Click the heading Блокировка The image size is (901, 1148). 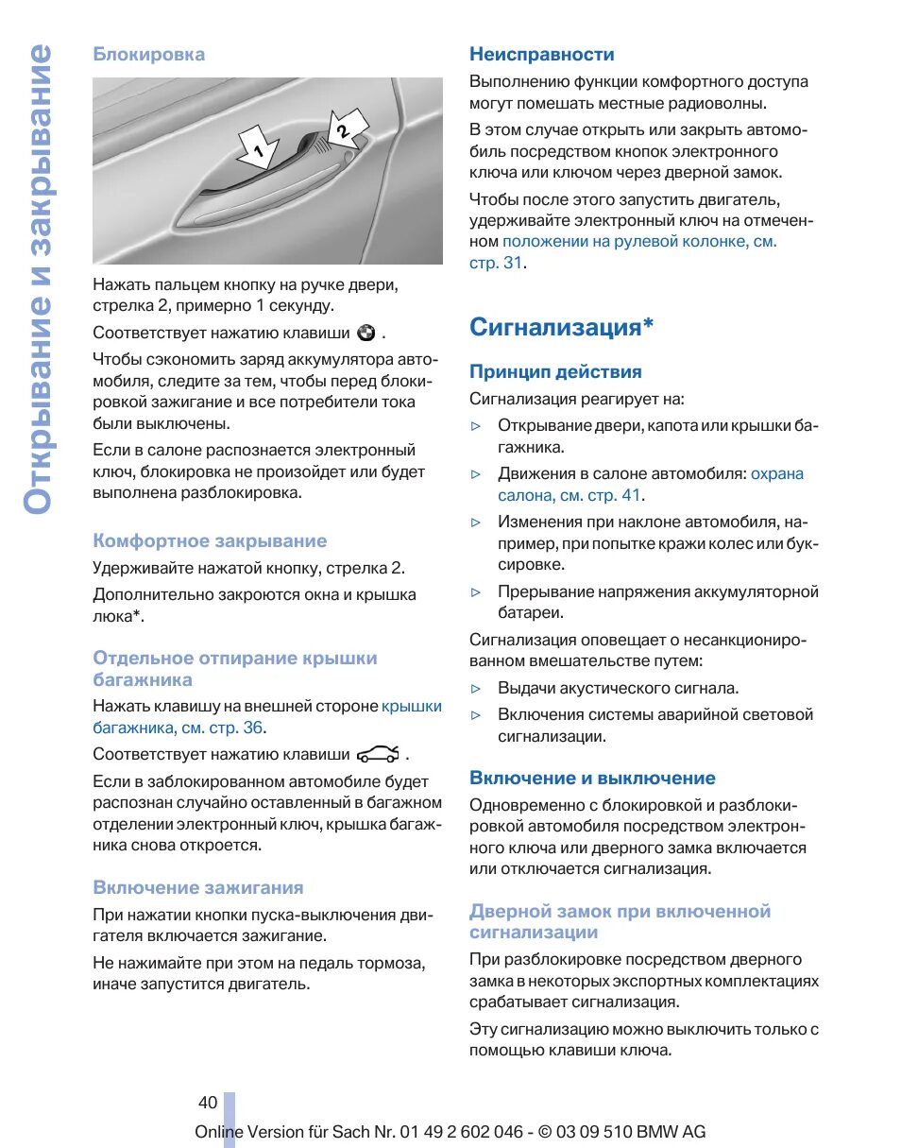point(148,54)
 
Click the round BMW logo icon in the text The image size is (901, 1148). point(366,333)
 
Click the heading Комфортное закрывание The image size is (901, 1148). point(210,540)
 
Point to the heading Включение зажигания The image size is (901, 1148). point(198,887)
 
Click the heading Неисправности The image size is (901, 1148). point(542,54)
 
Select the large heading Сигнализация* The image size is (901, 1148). point(562,327)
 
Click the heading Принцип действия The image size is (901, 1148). point(555,371)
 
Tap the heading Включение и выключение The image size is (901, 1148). point(592,778)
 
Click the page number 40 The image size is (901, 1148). point(208,1102)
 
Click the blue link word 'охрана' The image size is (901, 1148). point(777,473)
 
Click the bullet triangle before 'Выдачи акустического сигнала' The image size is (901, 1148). point(477,689)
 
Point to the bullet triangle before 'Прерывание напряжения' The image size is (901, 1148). point(477,592)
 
